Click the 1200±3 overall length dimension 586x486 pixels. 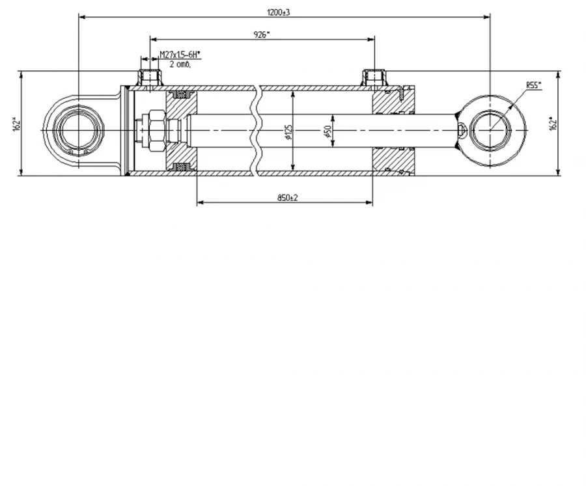(279, 12)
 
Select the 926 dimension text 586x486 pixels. (262, 34)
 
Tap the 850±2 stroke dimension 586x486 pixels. (287, 198)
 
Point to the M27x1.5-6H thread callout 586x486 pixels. (180, 55)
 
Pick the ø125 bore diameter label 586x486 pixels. (288, 132)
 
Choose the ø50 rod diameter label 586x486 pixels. (328, 131)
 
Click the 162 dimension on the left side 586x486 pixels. (16, 124)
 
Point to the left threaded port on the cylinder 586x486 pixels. (150, 77)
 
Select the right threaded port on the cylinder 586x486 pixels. (374, 77)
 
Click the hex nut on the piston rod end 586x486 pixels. (156, 130)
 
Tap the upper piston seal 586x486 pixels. (181, 94)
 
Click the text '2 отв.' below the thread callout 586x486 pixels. (180, 64)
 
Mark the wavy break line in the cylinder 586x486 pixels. (257, 130)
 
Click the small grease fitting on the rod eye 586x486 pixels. (462, 130)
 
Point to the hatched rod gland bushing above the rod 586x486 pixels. (393, 101)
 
